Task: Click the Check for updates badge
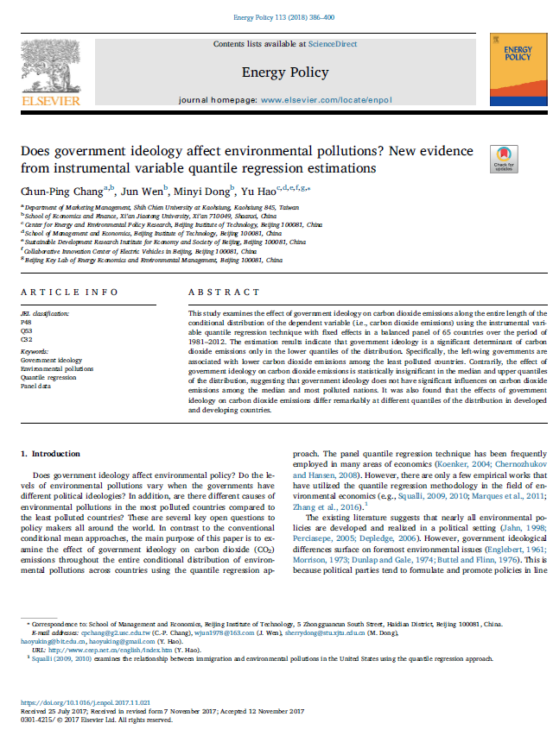[x=503, y=159]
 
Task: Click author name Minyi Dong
[x=204, y=190]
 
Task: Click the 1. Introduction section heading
[x=50, y=453]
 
